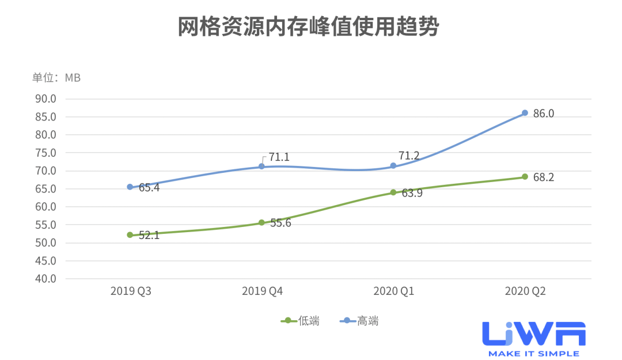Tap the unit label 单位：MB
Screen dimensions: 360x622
(x=56, y=78)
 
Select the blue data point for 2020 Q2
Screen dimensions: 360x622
(x=525, y=113)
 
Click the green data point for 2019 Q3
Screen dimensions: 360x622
(x=130, y=235)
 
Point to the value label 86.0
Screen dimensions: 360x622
(x=543, y=113)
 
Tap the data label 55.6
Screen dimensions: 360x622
(x=280, y=223)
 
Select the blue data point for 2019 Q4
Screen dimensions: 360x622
(x=261, y=166)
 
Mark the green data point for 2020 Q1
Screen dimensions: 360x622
(x=393, y=192)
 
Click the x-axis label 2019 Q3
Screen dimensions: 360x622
(x=131, y=292)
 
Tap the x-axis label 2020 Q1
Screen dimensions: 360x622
(x=394, y=292)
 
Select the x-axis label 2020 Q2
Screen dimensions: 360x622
(x=525, y=292)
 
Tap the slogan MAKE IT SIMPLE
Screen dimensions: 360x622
(x=534, y=353)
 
